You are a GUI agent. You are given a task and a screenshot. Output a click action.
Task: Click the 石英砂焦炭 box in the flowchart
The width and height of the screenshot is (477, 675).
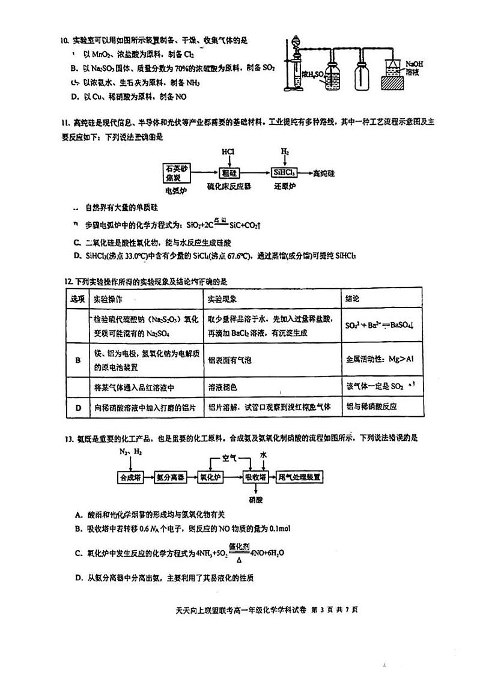pyautogui.click(x=176, y=173)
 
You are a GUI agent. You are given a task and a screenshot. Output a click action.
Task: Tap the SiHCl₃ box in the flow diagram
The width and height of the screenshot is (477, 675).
pyautogui.click(x=284, y=173)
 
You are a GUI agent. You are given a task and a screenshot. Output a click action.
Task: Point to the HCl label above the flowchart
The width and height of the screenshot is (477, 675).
pyautogui.click(x=228, y=152)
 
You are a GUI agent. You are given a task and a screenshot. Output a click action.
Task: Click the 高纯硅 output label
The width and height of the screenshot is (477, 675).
pyautogui.click(x=324, y=173)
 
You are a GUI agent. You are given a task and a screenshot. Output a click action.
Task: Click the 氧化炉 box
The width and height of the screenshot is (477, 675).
pyautogui.click(x=210, y=477)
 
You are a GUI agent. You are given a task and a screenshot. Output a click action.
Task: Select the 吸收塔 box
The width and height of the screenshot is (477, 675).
pyautogui.click(x=255, y=477)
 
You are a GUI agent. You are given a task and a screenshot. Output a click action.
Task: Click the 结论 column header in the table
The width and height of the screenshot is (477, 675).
pyautogui.click(x=352, y=299)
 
